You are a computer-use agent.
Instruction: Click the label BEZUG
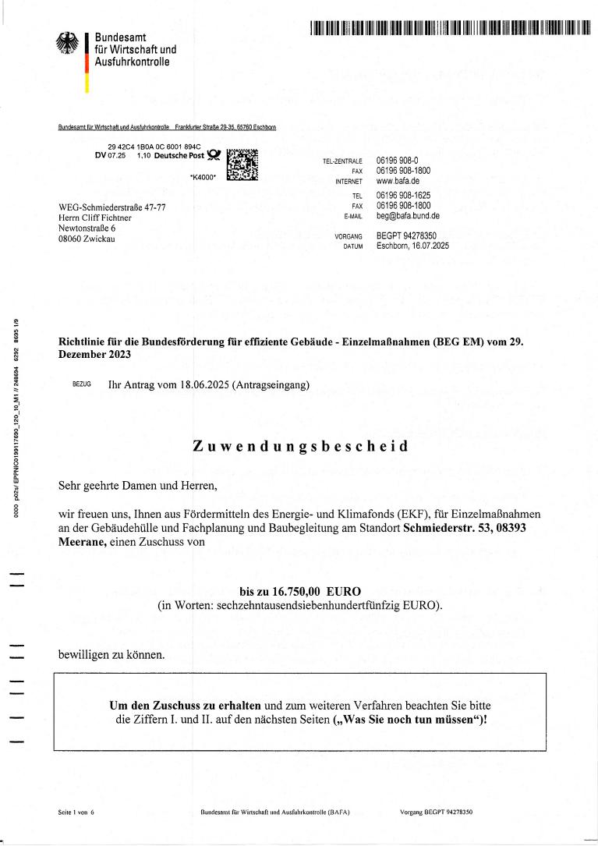click(x=81, y=385)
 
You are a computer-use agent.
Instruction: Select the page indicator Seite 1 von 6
click(x=76, y=811)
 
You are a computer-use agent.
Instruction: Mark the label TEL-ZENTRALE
click(x=343, y=161)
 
